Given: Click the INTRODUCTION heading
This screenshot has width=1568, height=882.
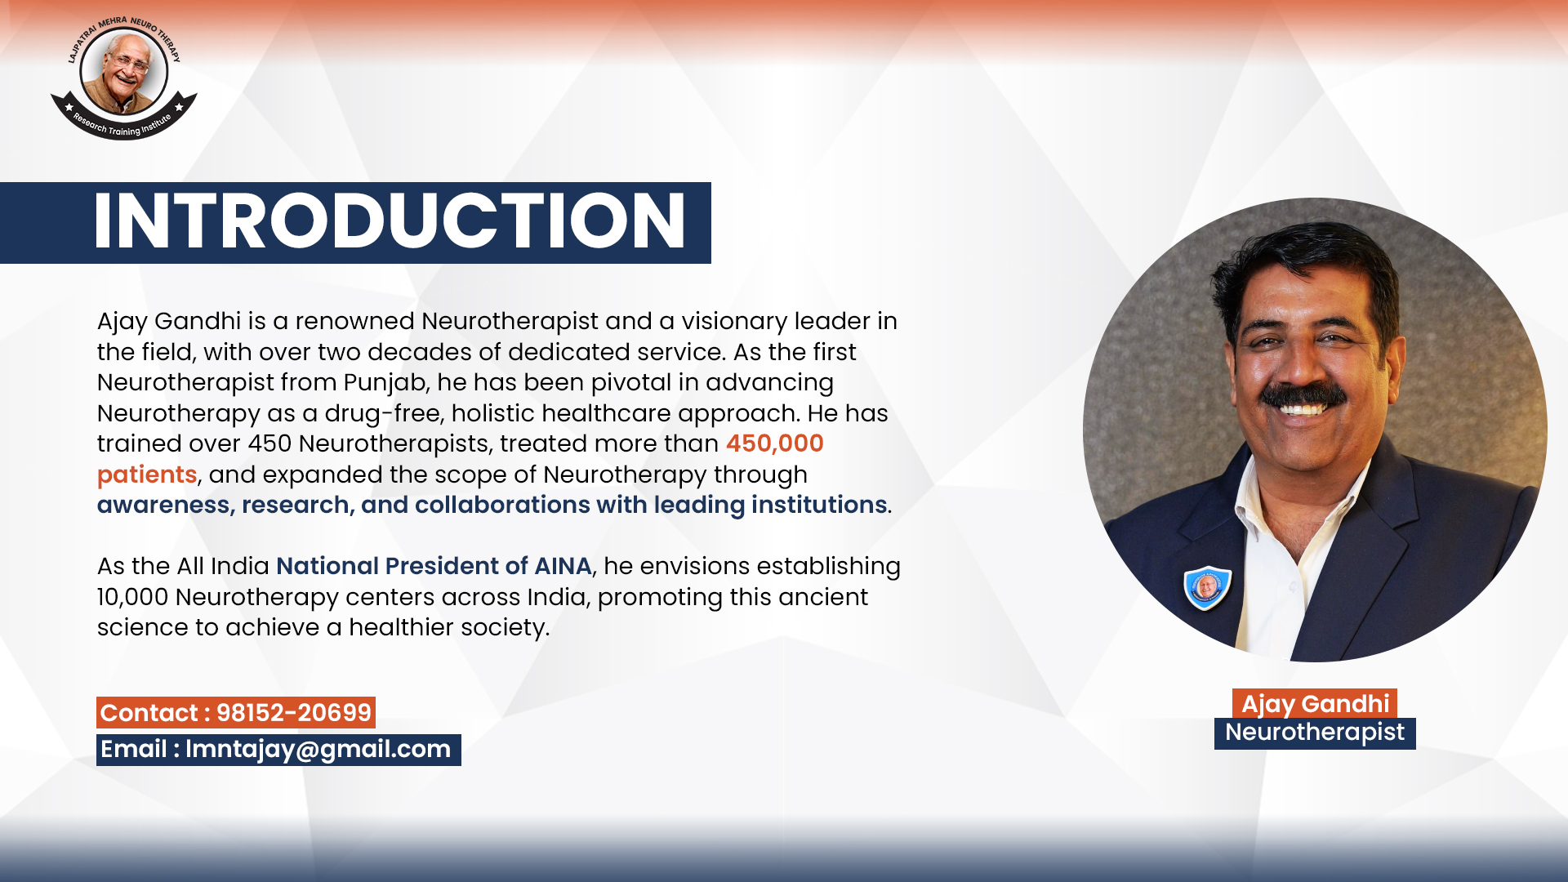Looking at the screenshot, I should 390,221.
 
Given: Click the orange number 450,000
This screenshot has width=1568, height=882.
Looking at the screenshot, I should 774,443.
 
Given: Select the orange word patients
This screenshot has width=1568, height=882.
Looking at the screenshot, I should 147,474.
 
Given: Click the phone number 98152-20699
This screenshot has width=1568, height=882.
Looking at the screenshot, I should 294,713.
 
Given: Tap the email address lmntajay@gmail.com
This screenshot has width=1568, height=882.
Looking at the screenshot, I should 318,750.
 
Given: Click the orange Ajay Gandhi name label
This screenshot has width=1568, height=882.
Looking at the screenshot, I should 1315,703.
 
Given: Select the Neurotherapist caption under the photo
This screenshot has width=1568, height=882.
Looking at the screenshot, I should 1315,733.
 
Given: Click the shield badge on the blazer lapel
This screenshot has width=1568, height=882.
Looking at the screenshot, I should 1207,587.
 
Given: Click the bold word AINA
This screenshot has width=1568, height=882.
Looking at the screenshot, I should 563,566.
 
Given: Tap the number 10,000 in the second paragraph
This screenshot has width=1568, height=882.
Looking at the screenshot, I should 132,597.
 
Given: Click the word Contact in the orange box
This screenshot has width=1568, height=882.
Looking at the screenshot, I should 149,713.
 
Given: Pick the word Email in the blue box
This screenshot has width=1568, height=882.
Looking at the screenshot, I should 134,750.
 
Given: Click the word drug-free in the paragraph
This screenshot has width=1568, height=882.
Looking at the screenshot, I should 384,413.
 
